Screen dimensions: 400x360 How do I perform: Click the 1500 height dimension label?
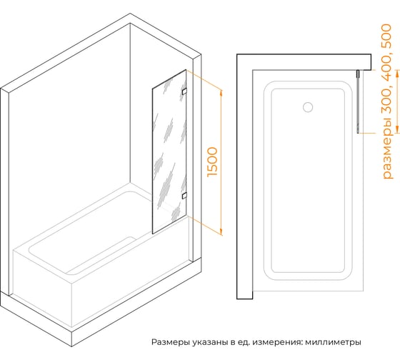[x=213, y=161]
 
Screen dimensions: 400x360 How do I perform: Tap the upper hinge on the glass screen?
[x=184, y=91]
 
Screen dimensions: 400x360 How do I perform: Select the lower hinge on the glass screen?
[x=184, y=196]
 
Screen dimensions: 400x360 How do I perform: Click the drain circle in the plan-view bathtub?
[x=308, y=107]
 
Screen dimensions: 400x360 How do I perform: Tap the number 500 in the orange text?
[x=386, y=35]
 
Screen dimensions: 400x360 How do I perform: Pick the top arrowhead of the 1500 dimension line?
[x=221, y=92]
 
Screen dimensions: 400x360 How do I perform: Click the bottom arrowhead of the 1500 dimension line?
[x=221, y=231]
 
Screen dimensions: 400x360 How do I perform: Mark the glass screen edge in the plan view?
[x=358, y=101]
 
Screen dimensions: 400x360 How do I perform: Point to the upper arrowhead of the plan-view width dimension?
[x=397, y=74]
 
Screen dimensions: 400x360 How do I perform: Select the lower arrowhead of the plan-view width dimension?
[x=397, y=129]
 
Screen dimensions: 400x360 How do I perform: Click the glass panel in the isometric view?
[x=169, y=151]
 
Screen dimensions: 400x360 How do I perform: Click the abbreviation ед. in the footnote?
[x=244, y=342]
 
